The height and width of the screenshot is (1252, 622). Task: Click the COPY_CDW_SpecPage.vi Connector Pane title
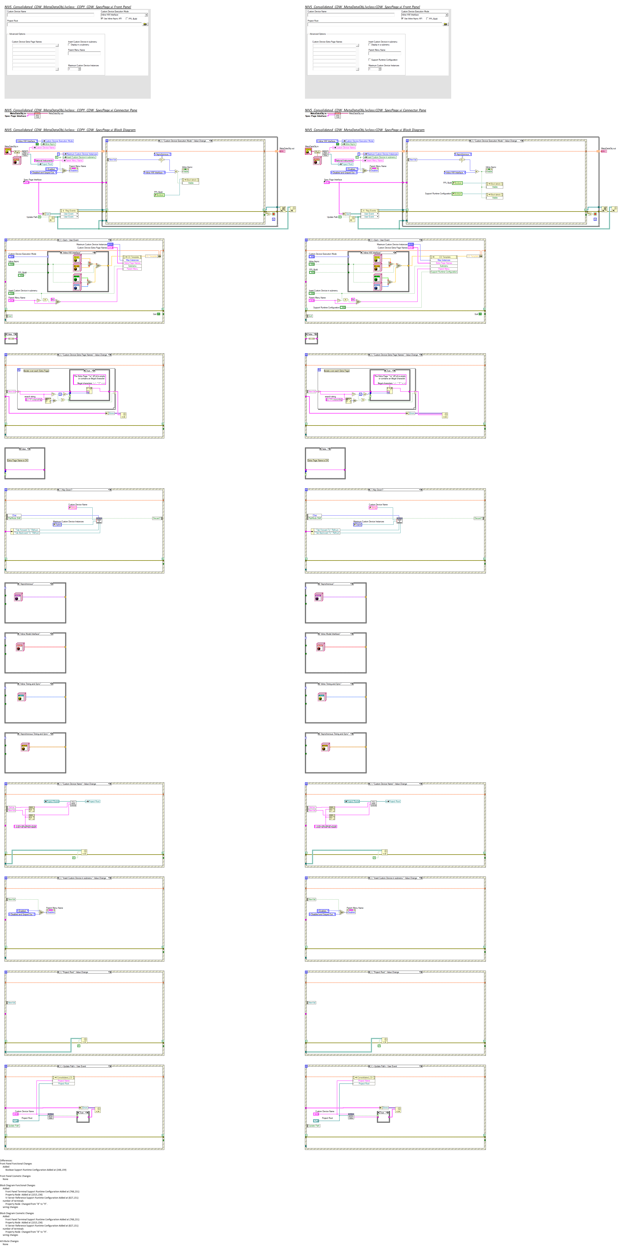coord(70,110)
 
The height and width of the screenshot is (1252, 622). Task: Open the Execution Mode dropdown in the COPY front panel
coord(146,15)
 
